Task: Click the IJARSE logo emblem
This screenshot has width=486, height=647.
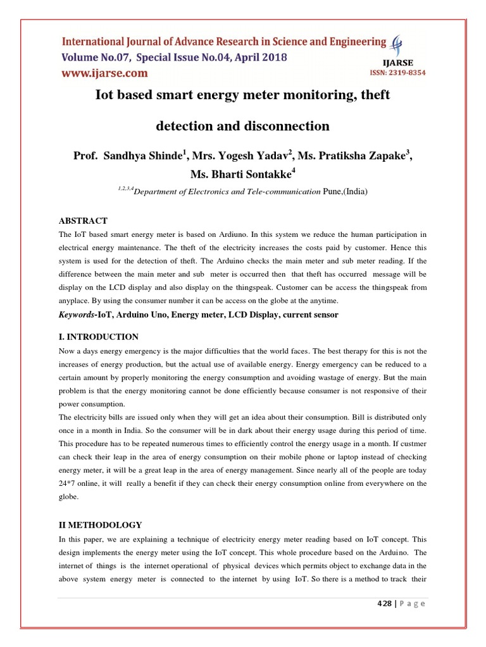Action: pyautogui.click(x=397, y=46)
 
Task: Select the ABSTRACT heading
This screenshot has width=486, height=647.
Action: pyautogui.click(x=83, y=221)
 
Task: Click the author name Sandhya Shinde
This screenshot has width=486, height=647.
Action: pyautogui.click(x=140, y=156)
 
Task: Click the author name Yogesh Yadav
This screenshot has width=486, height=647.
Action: pyautogui.click(x=250, y=156)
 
